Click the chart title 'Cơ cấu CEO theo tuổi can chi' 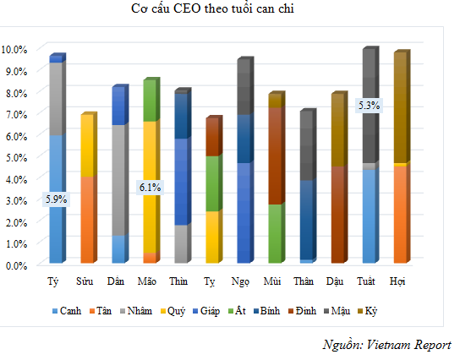pyautogui.click(x=230, y=10)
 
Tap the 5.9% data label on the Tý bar pyautogui.click(x=56, y=199)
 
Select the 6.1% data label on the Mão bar pyautogui.click(x=150, y=188)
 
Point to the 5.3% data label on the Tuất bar pyautogui.click(x=370, y=106)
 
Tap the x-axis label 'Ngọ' pyautogui.click(x=242, y=281)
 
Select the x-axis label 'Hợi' pyautogui.click(x=398, y=281)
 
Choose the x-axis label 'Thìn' pyautogui.click(x=179, y=281)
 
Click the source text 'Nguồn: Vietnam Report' pyautogui.click(x=386, y=345)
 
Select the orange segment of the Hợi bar pyautogui.click(x=399, y=215)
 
